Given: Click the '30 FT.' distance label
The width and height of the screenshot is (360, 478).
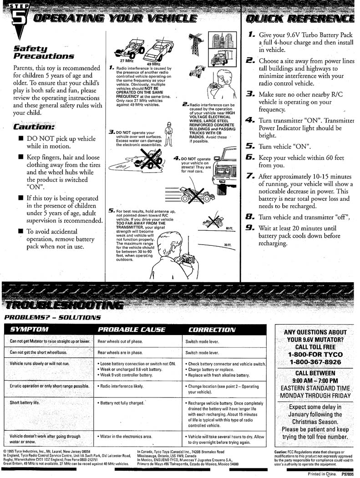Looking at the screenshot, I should (x=228, y=245).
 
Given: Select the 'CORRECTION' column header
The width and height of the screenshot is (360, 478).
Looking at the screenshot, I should (x=212, y=329).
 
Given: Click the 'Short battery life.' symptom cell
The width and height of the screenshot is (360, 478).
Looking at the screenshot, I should (x=25, y=402).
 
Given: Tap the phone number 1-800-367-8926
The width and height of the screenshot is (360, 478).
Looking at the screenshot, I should (x=315, y=362).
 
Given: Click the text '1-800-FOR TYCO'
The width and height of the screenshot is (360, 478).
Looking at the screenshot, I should (x=315, y=354).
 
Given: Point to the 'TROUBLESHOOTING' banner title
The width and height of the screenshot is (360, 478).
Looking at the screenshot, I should (x=62, y=305).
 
